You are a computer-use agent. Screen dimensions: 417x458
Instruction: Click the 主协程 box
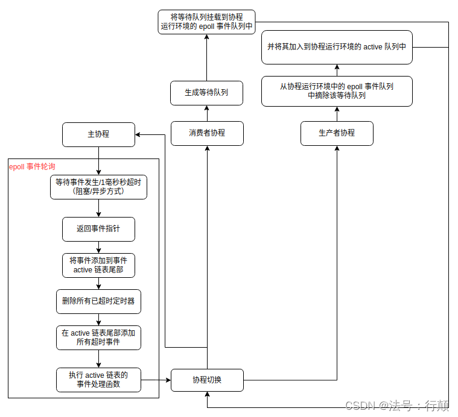(98, 134)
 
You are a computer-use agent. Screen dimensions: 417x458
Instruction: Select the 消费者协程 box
(207, 133)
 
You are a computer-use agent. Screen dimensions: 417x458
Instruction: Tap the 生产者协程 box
(337, 133)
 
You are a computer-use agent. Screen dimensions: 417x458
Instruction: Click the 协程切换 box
(207, 380)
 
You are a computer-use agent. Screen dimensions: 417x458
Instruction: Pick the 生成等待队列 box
(207, 93)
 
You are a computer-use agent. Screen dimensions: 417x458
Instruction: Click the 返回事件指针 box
(98, 229)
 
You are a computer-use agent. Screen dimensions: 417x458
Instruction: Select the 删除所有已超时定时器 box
(98, 301)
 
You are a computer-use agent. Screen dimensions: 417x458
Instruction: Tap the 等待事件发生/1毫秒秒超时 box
(98, 187)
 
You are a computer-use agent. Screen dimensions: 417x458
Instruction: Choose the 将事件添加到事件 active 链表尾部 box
(98, 265)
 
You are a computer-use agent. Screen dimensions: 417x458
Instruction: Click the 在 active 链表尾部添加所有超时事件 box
(98, 337)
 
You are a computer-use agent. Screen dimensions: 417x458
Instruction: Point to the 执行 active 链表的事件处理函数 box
(98, 380)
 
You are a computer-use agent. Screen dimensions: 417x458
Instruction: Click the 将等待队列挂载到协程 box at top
(206, 22)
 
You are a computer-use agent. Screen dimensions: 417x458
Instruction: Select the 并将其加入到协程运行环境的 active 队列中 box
(337, 46)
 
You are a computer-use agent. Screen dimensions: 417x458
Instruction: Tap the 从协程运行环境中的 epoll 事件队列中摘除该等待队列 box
(337, 91)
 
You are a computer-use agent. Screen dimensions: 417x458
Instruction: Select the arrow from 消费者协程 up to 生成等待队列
(207, 113)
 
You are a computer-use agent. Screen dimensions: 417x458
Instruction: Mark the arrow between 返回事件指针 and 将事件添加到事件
(98, 247)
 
